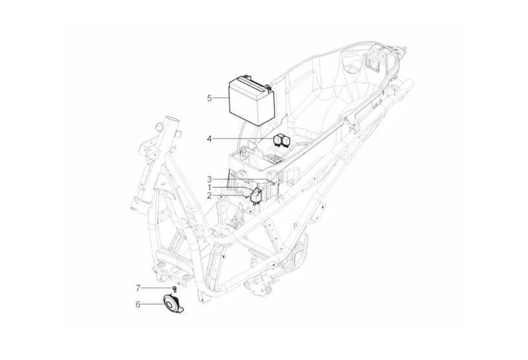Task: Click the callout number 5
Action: [209, 98]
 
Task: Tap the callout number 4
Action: [209, 139]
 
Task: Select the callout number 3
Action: [209, 179]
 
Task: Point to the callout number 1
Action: [209, 187]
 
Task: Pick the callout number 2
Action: [209, 195]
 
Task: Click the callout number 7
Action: [138, 287]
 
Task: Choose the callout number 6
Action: [138, 303]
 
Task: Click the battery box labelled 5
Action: [249, 100]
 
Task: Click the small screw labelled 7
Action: [174, 287]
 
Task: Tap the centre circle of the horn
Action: [170, 302]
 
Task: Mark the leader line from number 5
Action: [220, 98]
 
